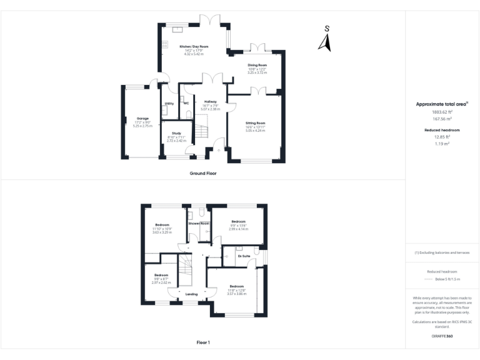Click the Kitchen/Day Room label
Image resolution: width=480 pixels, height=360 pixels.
pos(194,47)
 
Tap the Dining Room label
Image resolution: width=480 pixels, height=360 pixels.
pos(257,65)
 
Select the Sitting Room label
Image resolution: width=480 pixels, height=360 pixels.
pos(255,123)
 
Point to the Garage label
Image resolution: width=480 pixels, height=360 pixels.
pos(142,118)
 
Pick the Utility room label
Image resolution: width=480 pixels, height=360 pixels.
pos(169,103)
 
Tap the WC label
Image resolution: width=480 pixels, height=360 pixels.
pos(186,102)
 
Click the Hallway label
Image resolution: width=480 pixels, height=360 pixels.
pos(210,101)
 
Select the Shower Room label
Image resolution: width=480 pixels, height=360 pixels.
pos(199,223)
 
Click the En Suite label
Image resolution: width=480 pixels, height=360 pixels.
pos(244,256)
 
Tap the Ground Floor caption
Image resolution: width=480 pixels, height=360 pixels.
pos(203,173)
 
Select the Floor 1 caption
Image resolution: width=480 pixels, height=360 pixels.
pos(203,342)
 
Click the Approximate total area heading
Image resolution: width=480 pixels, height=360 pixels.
pos(441,104)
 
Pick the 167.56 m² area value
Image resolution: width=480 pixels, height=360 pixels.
pos(442,117)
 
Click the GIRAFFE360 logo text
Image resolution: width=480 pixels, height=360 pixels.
pos(442,336)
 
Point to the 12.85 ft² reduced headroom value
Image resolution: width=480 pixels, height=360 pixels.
pos(442,137)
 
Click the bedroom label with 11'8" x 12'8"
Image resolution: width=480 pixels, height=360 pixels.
pos(236,286)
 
